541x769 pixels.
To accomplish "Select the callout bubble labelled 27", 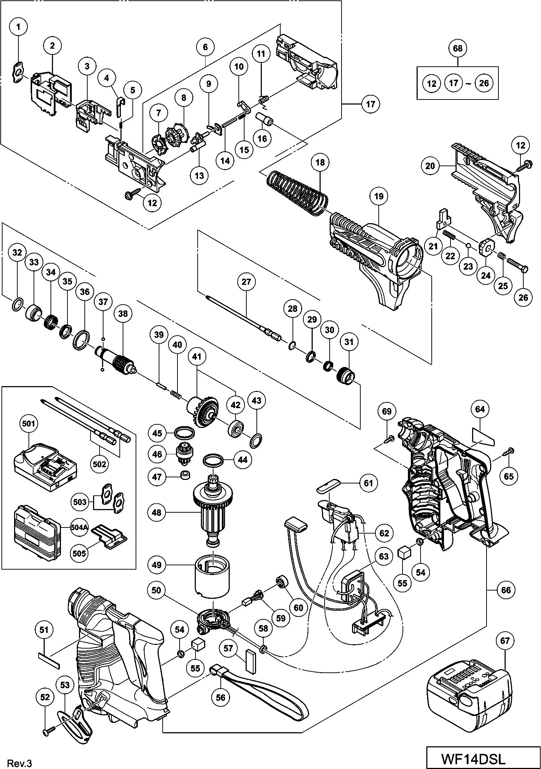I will (x=246, y=282).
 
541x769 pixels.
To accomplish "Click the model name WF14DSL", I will (x=473, y=757).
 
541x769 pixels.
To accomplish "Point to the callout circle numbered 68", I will (x=457, y=48).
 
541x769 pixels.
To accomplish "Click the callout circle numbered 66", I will (x=506, y=590).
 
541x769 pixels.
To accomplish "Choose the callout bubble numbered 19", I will (x=379, y=196).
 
